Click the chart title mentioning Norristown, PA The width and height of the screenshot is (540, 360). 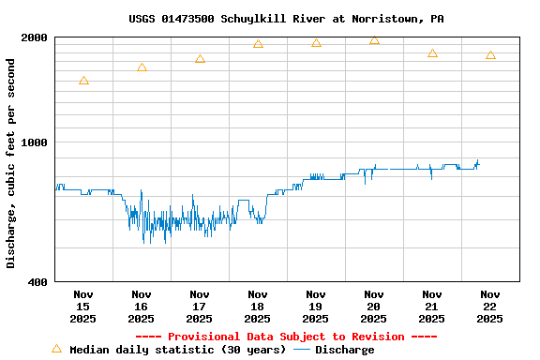point(286,19)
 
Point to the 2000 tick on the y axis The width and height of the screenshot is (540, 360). point(35,37)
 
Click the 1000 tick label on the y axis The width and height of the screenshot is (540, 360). point(35,142)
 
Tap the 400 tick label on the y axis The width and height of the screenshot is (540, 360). point(38,281)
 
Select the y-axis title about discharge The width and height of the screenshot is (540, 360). point(11,163)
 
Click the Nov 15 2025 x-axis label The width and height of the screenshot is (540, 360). point(83,306)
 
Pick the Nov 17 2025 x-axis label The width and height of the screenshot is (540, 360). point(200,306)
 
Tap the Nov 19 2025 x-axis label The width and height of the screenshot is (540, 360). point(316,306)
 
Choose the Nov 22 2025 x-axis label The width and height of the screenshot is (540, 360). point(489,306)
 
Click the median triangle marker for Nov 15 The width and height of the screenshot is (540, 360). point(83,81)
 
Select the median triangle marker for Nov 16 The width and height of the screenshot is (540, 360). point(142,67)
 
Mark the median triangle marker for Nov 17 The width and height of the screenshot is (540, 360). point(200,59)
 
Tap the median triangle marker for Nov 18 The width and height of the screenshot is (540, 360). point(258,44)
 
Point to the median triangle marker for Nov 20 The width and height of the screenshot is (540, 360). point(374,40)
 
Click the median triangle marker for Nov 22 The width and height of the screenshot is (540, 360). point(490,55)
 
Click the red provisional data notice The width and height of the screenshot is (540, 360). point(286,337)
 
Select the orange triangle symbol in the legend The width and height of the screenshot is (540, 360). point(56,349)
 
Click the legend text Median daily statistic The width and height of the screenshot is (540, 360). point(177,350)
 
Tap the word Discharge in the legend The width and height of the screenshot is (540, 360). point(344,350)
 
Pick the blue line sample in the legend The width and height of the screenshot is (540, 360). point(302,350)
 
